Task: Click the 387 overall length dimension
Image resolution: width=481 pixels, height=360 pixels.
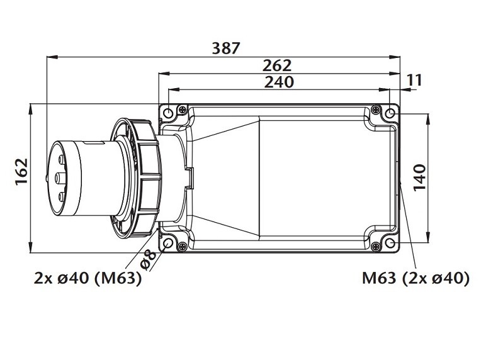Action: coord(226,48)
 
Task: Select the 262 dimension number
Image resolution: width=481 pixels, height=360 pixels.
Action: coord(276,65)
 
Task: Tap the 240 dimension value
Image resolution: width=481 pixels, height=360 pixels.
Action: coord(279,82)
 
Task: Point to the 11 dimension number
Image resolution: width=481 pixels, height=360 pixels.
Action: coord(415,80)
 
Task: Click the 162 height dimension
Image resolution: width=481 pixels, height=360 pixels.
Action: coord(22,171)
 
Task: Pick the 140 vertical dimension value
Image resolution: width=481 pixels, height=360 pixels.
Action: coord(420,177)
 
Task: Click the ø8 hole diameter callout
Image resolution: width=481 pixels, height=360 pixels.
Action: coord(148,260)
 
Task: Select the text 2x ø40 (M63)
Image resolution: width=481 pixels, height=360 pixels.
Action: coord(88,278)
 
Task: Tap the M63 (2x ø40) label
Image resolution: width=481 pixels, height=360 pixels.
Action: coord(416,278)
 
